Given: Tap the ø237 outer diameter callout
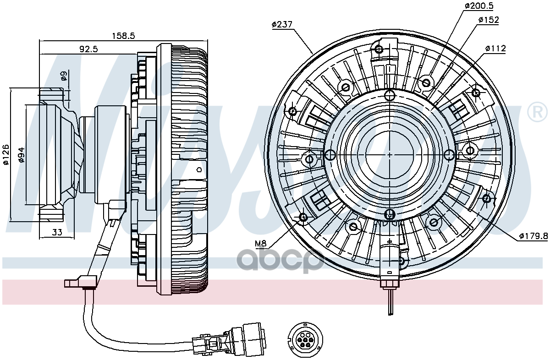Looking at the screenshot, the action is pos(282,25).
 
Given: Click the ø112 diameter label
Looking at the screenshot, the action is pos(495,48).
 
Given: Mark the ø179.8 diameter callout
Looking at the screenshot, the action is pos(533,236).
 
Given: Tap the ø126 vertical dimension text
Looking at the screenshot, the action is pos(6,155).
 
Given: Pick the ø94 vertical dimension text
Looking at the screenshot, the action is pos(21,155).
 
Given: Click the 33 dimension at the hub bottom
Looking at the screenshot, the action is pos(57,232).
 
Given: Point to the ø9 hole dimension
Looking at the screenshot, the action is pos(64,76).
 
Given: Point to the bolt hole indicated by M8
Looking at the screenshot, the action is pos(303,217).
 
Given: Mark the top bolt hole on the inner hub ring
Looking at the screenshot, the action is pos(390,96).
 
